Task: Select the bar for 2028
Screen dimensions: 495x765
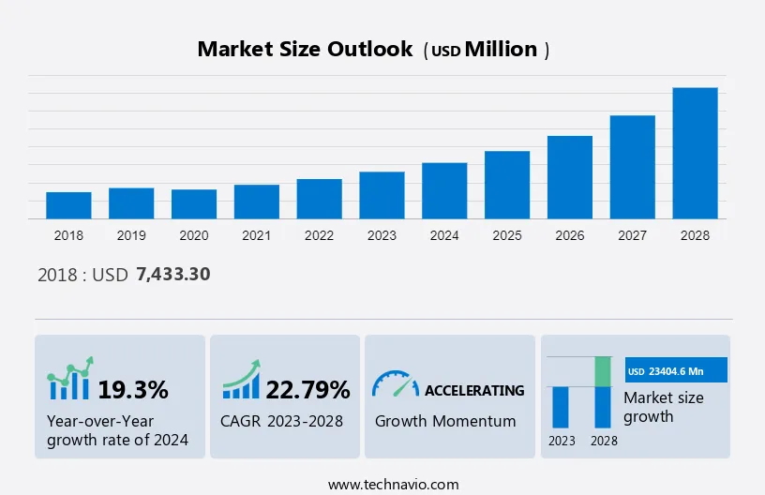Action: (x=695, y=153)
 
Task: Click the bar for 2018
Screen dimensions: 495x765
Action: (x=68, y=205)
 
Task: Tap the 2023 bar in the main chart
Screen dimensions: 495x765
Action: (x=382, y=195)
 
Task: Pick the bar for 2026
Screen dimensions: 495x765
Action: (x=570, y=177)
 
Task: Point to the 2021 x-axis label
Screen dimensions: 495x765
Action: (x=256, y=235)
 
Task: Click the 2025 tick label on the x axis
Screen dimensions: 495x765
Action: (x=507, y=235)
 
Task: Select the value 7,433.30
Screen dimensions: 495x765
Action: (x=172, y=275)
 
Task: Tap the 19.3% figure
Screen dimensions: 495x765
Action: (x=133, y=389)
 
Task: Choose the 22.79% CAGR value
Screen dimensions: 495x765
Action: (x=307, y=389)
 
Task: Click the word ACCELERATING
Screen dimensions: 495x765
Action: (x=474, y=390)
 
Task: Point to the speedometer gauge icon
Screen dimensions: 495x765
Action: (x=395, y=384)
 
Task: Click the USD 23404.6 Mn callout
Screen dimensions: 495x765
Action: (x=676, y=371)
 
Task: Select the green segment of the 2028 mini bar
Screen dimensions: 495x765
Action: (x=603, y=371)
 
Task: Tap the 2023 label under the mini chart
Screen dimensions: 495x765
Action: (x=562, y=441)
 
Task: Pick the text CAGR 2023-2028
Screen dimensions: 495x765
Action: (x=282, y=421)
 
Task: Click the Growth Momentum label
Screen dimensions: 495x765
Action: (x=445, y=421)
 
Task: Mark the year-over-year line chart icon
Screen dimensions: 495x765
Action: (x=70, y=380)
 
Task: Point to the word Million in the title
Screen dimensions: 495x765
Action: (x=502, y=50)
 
